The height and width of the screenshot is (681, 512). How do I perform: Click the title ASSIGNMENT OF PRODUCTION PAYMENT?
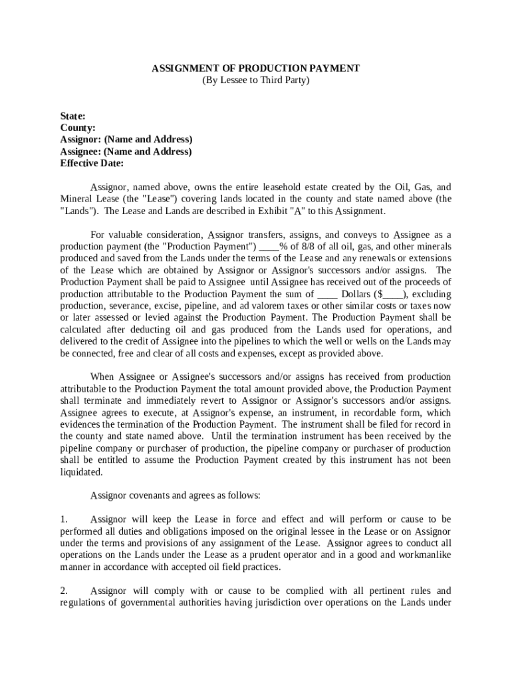click(x=256, y=68)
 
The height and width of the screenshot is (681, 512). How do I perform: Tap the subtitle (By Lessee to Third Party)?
click(x=256, y=80)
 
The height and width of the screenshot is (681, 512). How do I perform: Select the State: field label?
click(x=72, y=116)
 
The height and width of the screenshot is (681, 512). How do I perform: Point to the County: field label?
click(x=78, y=128)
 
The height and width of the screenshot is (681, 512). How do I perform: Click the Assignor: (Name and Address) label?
click(x=126, y=140)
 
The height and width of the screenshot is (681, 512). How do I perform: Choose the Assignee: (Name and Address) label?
click(x=126, y=152)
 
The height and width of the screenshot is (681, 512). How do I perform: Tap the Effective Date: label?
click(x=92, y=164)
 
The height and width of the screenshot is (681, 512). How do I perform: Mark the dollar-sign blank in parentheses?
click(x=393, y=295)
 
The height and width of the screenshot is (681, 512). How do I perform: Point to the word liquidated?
click(x=82, y=473)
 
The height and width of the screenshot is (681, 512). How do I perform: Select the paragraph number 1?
click(x=64, y=519)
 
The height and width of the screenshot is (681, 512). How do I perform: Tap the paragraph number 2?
click(x=64, y=591)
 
